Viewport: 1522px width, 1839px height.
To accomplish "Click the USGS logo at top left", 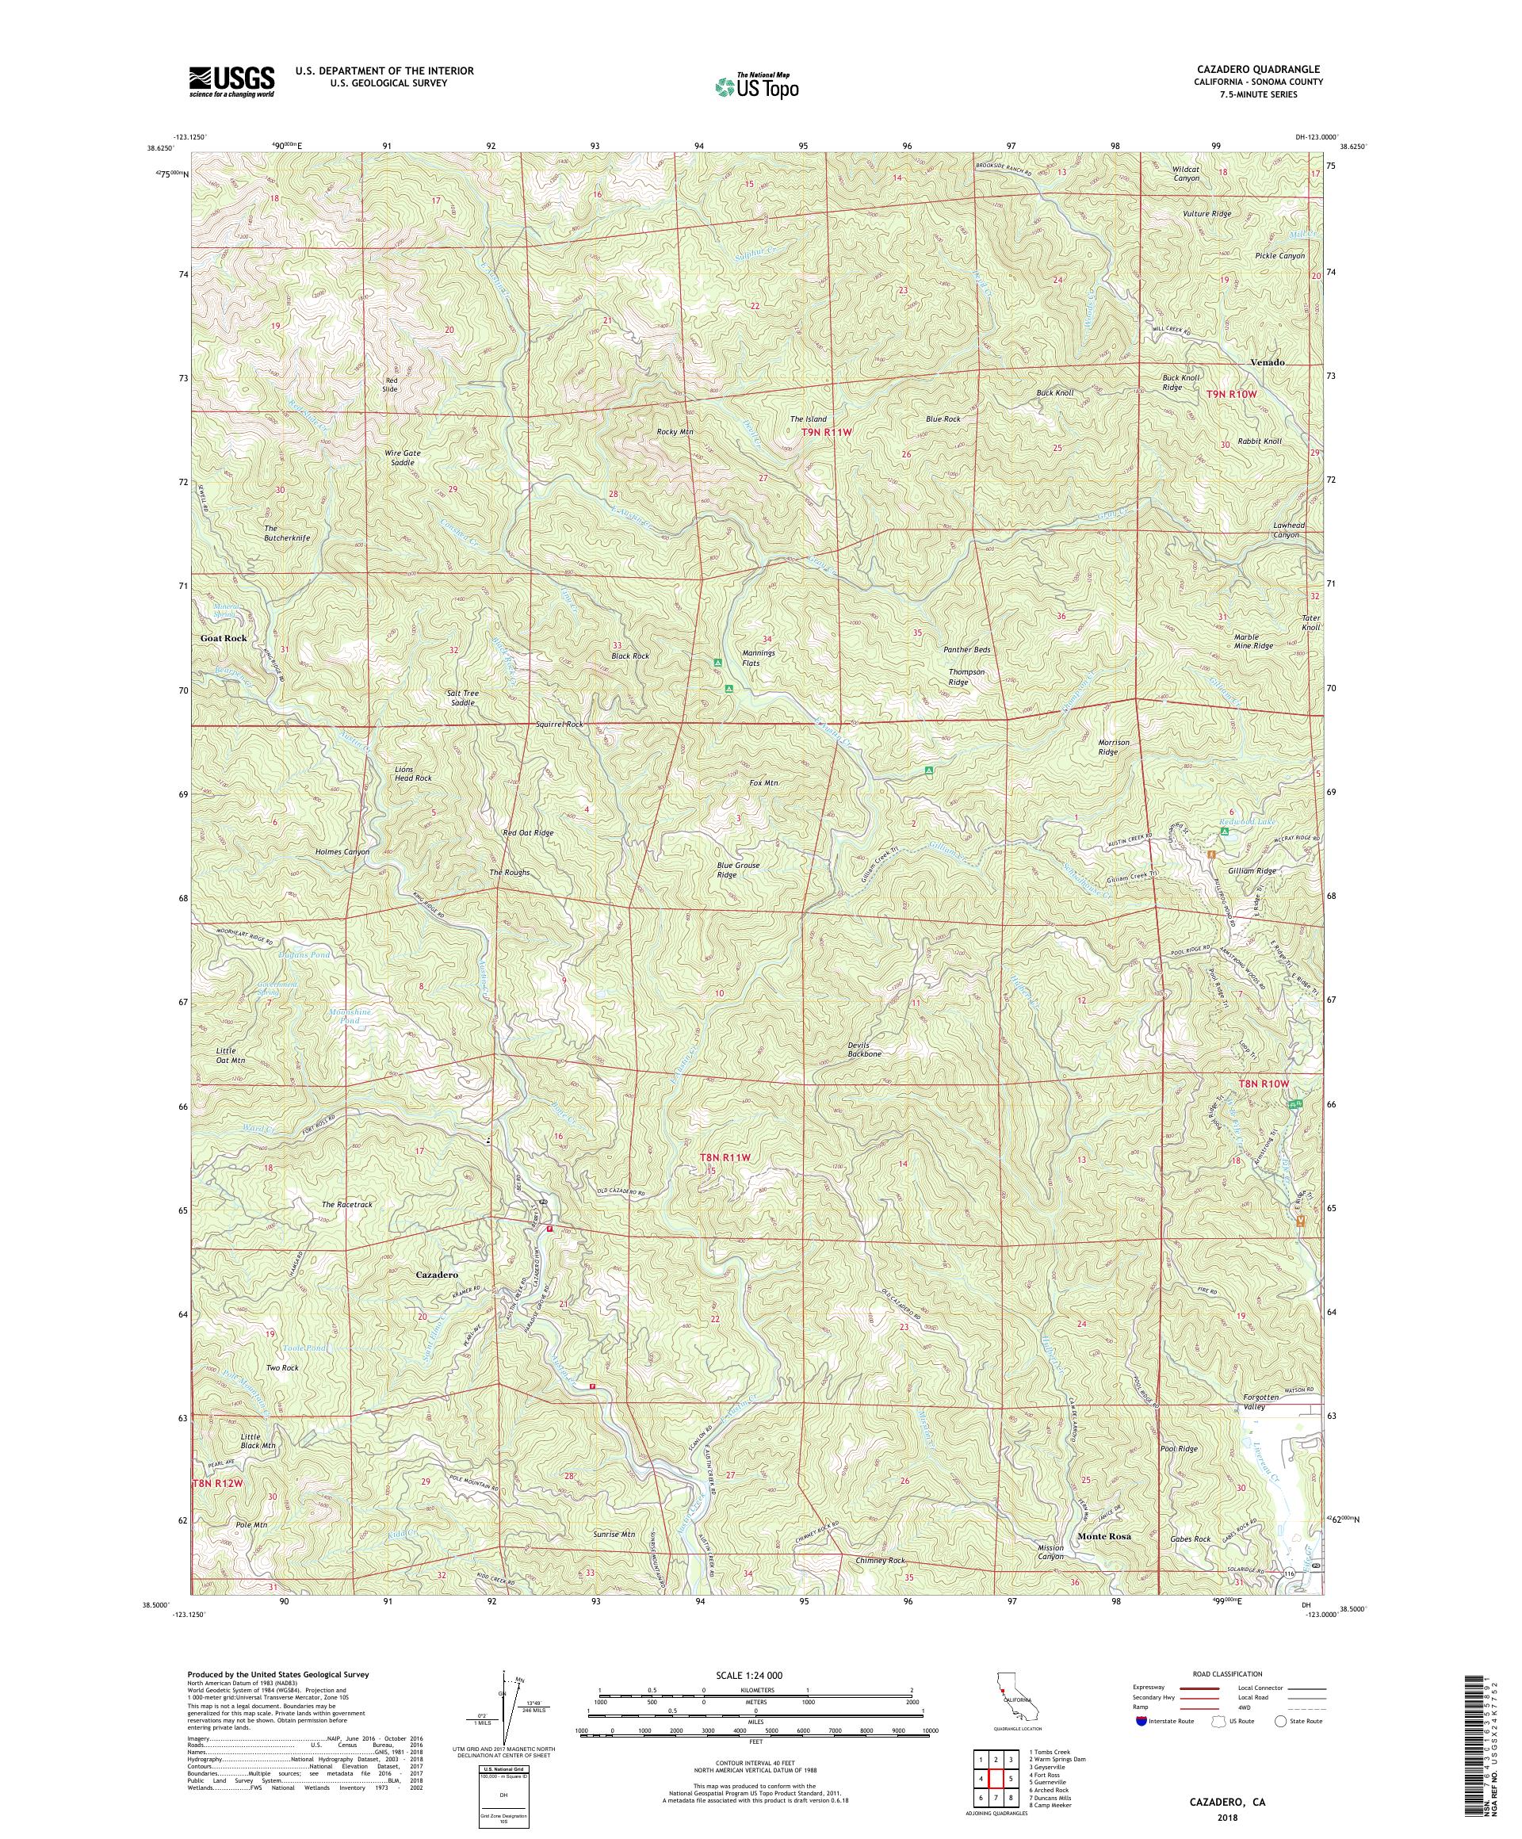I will (x=231, y=82).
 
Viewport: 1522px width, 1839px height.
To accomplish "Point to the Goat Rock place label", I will (x=224, y=638).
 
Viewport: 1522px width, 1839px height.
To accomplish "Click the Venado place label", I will (x=1268, y=362).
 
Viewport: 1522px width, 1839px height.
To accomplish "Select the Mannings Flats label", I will (x=759, y=658).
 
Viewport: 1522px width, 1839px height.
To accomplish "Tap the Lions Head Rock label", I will (x=412, y=774).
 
